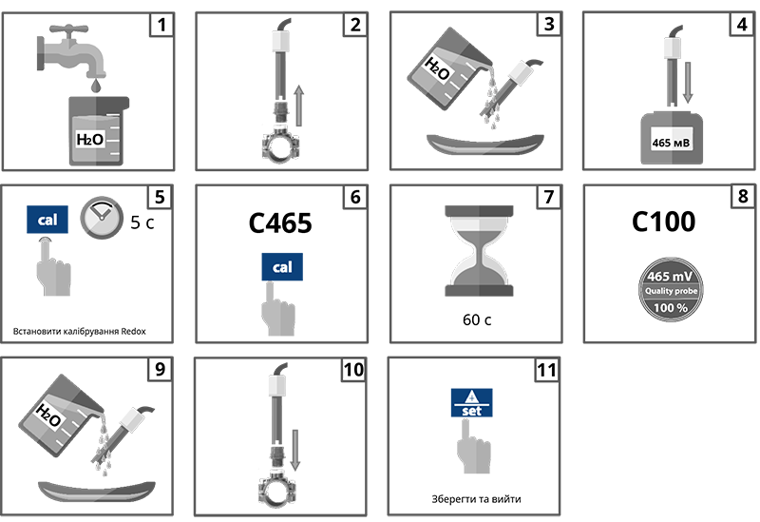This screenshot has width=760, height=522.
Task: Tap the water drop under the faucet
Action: [97, 86]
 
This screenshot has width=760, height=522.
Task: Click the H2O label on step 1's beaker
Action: [90, 140]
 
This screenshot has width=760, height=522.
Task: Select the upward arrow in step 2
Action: [299, 106]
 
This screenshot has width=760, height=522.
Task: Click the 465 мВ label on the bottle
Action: [671, 143]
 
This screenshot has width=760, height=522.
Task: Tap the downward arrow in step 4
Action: [687, 83]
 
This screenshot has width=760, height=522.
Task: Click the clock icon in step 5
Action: [102, 218]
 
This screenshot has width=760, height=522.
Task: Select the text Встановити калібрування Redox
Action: [80, 331]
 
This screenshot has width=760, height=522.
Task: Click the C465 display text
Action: [280, 223]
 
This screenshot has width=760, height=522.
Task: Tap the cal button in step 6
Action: [282, 267]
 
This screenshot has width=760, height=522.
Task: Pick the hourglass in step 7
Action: [479, 251]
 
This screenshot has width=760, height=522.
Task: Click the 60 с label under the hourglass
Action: [477, 319]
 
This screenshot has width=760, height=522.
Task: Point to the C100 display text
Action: [663, 222]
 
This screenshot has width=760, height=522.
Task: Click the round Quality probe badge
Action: [671, 290]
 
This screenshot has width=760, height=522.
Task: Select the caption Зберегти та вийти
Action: [476, 499]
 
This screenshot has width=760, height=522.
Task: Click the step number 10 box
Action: [353, 370]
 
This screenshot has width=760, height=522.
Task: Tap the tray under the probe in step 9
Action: [97, 493]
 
